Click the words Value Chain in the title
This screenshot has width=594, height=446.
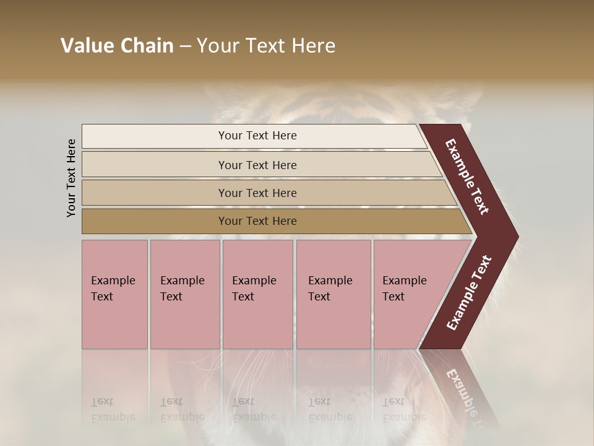point(117,46)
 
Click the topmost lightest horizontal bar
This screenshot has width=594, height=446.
point(155,136)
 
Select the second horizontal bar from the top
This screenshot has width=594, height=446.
point(155,165)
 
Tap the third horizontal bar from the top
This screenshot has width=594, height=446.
point(155,193)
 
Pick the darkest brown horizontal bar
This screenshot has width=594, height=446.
point(155,221)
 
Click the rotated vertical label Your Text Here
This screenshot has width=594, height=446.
point(71,178)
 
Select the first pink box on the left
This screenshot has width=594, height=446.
point(114,322)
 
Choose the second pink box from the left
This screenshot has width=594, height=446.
point(185,322)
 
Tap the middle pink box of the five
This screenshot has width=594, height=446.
point(257,322)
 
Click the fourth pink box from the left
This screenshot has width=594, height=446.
point(334,322)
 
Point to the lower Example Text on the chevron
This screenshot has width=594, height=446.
point(469,292)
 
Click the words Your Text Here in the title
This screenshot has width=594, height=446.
point(265,46)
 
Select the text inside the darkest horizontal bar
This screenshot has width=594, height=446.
point(257,221)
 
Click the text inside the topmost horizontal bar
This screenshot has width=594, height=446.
point(257,136)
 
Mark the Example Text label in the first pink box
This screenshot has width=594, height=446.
point(113,289)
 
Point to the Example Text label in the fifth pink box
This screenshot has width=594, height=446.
point(404,289)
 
